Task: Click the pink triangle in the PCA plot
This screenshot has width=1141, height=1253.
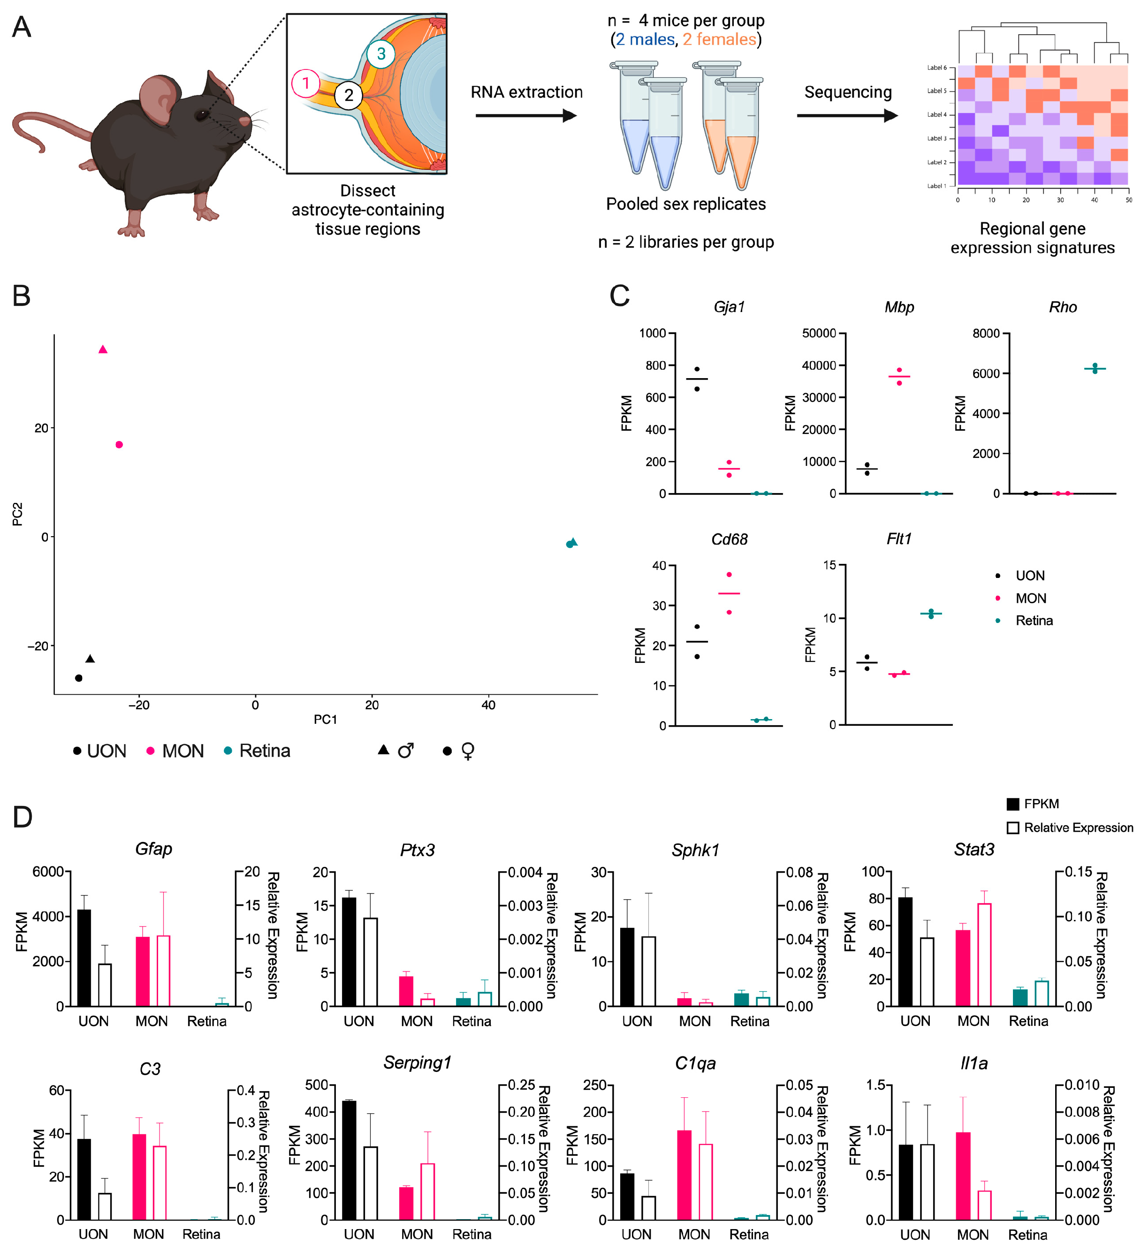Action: tap(103, 350)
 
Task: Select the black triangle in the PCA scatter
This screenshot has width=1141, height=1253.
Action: tap(90, 659)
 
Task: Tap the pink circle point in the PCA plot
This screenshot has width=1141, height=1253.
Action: tap(119, 444)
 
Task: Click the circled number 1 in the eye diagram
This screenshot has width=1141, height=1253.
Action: tap(305, 84)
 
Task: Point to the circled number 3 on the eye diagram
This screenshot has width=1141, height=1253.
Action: tap(381, 54)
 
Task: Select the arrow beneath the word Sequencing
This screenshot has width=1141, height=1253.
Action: tap(846, 115)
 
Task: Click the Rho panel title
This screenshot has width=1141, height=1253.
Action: tap(1063, 307)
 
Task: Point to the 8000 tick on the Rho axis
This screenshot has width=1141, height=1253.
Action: tap(986, 334)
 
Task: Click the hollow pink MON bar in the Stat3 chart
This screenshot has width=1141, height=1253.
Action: tap(984, 955)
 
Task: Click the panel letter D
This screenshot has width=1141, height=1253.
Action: tap(23, 817)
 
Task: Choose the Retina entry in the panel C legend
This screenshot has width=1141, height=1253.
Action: tap(1034, 620)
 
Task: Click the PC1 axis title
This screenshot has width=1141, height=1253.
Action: tap(325, 720)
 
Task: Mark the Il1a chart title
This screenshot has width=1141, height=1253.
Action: tap(974, 1063)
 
